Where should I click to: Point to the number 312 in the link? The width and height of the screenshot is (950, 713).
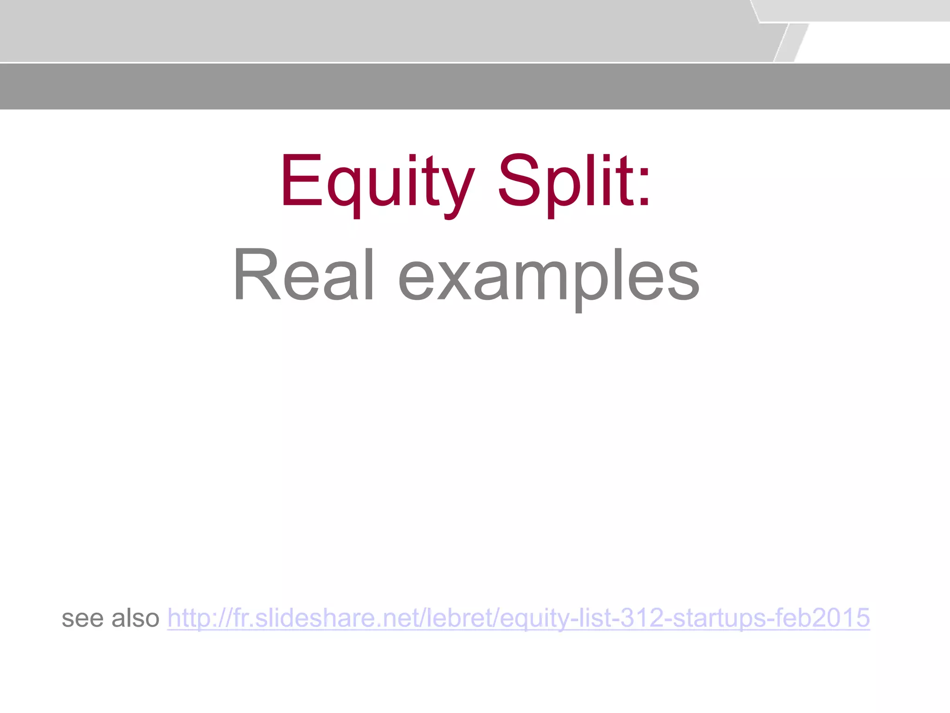[x=642, y=618]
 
